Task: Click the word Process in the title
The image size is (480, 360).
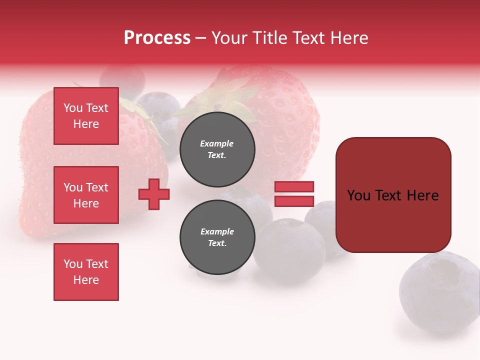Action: (x=157, y=38)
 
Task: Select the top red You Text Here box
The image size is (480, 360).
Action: (x=86, y=116)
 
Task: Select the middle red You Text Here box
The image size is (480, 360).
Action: (x=86, y=195)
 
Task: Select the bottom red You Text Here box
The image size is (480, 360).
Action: (x=86, y=272)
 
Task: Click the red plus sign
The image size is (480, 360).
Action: (x=154, y=194)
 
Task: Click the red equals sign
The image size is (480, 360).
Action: (x=294, y=194)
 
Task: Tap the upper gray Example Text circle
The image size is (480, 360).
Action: (x=217, y=149)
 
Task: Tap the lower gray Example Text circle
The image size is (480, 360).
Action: (x=217, y=237)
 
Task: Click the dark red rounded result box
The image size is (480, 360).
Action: (x=393, y=195)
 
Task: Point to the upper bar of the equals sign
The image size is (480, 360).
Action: (x=294, y=186)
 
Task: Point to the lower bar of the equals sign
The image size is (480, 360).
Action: (x=294, y=201)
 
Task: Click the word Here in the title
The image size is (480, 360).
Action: (x=349, y=38)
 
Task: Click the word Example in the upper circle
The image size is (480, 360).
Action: (x=217, y=143)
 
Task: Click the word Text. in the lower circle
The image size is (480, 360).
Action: (x=217, y=243)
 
